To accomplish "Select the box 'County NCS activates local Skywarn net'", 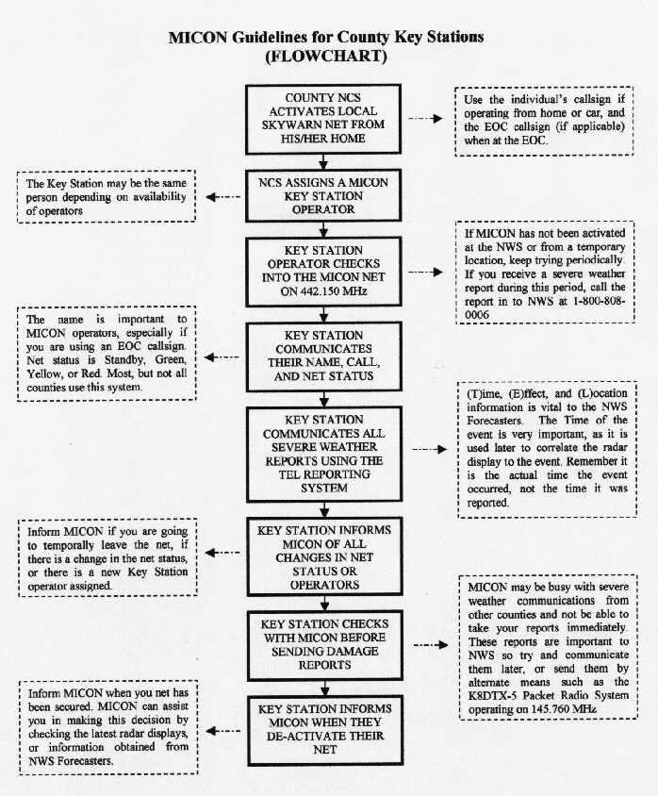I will tap(323, 117).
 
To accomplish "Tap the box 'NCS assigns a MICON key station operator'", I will tap(323, 194).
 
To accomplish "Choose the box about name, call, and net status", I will tap(323, 355).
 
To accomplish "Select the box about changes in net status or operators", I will tap(323, 557).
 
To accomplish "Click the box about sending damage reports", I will tap(323, 643).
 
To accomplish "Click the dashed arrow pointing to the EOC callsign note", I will tap(424, 120).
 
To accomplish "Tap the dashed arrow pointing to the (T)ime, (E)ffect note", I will tap(429, 449).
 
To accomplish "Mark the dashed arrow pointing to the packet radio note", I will tap(429, 646).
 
